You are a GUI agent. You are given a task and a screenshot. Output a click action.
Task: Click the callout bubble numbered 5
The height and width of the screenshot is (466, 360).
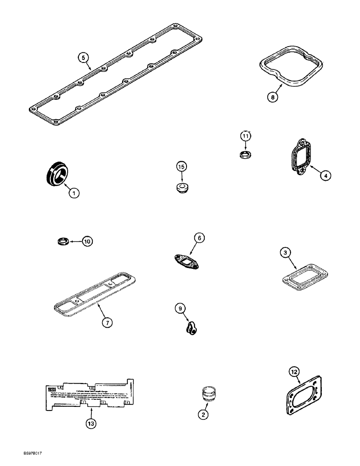coord(83,58)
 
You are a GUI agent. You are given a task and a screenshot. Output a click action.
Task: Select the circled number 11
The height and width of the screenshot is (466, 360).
coord(246,136)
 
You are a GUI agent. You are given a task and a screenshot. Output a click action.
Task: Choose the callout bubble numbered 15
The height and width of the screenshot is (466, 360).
coord(181,166)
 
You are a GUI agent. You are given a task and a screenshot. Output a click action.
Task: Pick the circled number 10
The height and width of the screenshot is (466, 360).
coord(87,241)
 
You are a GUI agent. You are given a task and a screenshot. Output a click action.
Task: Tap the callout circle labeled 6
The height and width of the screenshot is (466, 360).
coord(199,238)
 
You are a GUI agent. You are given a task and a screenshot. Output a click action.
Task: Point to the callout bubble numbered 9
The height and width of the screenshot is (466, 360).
coord(180,308)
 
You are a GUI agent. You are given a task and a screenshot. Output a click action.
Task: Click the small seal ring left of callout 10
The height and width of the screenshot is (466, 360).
coord(62,241)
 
